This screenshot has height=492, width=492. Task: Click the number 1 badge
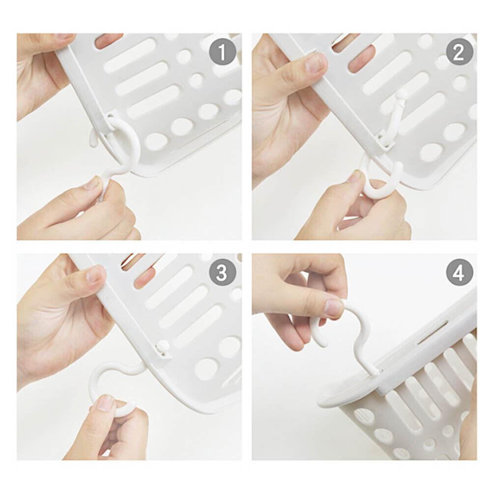click(222, 52)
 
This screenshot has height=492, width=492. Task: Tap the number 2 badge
click(459, 52)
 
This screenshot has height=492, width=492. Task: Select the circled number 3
click(222, 272)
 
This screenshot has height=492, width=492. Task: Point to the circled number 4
click(459, 272)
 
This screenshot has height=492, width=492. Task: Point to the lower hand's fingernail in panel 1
click(91, 183)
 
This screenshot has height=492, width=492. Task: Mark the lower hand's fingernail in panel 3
click(104, 403)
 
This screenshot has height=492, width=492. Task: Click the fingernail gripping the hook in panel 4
click(334, 308)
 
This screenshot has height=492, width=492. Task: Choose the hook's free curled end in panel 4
click(319, 339)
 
